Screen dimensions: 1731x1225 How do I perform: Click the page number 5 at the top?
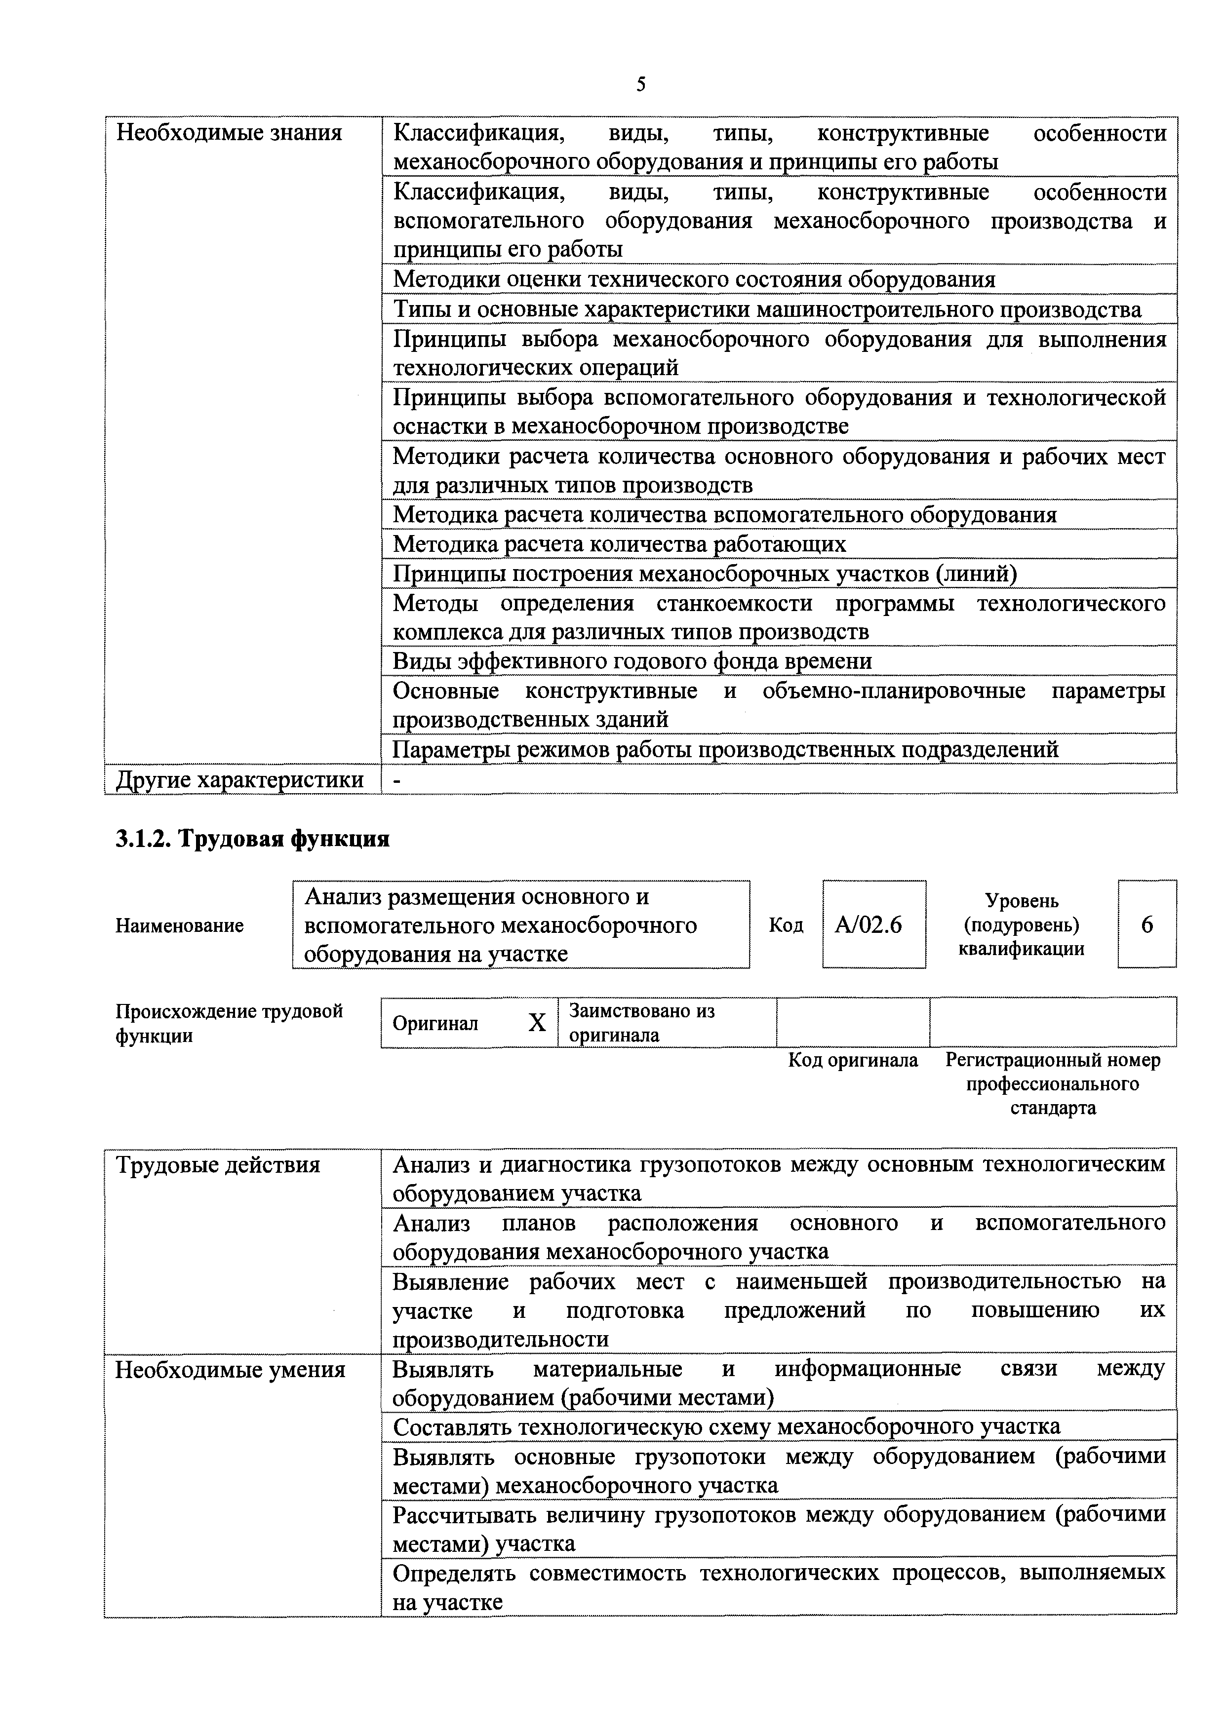640,84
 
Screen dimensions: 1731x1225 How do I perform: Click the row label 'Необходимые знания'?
229,133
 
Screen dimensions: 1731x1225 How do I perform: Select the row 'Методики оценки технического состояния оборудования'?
694,280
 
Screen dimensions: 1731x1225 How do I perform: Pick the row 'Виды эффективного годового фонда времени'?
632,661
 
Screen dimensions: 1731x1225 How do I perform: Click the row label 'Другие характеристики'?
239,779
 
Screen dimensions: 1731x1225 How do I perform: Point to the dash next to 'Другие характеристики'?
397,779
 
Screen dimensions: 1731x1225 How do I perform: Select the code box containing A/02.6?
873,924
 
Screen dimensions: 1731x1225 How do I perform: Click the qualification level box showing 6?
1146,924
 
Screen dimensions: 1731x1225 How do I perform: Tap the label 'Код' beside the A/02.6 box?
785,925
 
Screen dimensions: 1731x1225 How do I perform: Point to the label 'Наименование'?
180,925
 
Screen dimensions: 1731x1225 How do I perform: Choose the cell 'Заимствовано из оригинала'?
641,1022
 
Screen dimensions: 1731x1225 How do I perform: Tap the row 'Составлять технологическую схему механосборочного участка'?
726,1427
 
